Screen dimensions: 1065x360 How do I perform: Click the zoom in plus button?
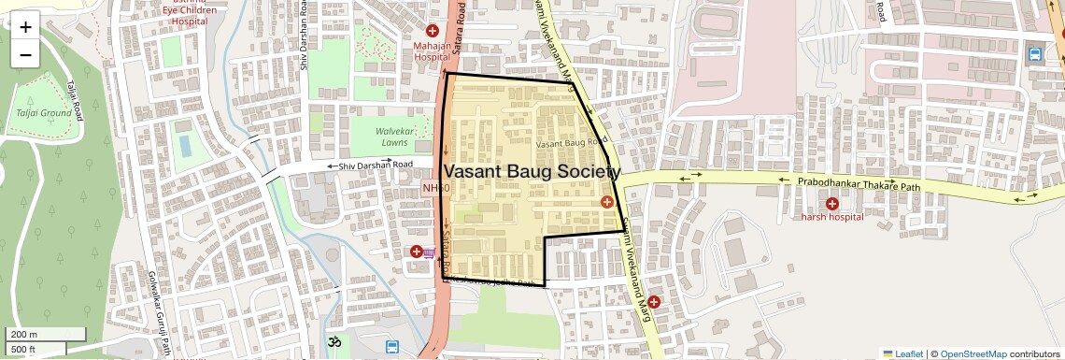[25, 26]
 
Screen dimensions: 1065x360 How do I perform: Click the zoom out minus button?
[25, 54]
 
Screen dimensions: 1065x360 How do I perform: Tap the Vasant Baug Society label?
[531, 172]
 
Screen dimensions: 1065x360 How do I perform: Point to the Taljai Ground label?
[38, 113]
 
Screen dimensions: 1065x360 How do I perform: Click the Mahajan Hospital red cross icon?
[433, 33]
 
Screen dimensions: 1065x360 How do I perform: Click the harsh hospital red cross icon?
[831, 203]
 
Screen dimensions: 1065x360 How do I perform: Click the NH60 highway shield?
[436, 189]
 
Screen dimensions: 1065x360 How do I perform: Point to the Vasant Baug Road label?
[569, 143]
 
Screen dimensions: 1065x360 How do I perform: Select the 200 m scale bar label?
[24, 335]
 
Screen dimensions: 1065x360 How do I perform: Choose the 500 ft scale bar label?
[23, 350]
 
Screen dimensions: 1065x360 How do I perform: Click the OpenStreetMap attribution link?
[973, 353]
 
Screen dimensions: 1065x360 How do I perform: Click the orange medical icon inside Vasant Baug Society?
[607, 202]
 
